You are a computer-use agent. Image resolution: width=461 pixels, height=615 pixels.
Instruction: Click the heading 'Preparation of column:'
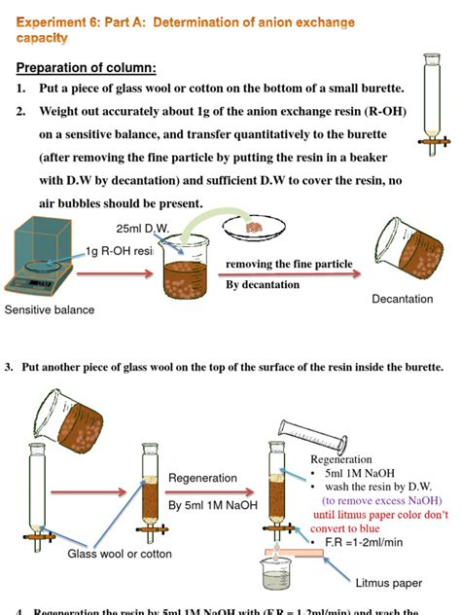point(86,68)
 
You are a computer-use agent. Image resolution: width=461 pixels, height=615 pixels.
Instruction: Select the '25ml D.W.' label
point(142,229)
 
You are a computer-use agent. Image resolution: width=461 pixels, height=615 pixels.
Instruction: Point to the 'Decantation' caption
point(402,299)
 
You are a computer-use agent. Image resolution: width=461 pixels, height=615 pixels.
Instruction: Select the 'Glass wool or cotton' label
point(120,554)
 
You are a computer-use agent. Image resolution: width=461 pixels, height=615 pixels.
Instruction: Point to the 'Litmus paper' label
point(389,583)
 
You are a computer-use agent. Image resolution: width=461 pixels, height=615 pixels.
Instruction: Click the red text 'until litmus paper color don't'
point(380,514)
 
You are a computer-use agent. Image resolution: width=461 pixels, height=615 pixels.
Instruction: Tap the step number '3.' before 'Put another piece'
point(9,367)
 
